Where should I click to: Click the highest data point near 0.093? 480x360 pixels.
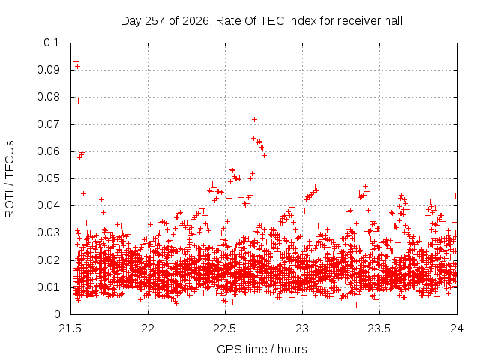pyautogui.click(x=76, y=61)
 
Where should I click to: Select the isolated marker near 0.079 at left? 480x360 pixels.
pyautogui.click(x=78, y=100)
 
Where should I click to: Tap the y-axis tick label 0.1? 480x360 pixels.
pyautogui.click(x=52, y=43)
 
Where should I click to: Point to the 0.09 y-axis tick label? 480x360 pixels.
pyautogui.click(x=48, y=70)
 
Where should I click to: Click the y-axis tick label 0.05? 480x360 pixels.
pyautogui.click(x=48, y=178)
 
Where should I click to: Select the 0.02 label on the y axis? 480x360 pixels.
pyautogui.click(x=48, y=260)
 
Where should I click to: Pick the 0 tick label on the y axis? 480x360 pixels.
pyautogui.click(x=57, y=314)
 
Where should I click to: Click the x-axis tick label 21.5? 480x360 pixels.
pyautogui.click(x=70, y=328)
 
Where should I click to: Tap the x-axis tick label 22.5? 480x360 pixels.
pyautogui.click(x=225, y=328)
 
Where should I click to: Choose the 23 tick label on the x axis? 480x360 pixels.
pyautogui.click(x=302, y=328)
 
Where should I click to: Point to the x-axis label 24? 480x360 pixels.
pyautogui.click(x=457, y=328)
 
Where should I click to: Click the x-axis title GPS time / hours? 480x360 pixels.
pyautogui.click(x=262, y=349)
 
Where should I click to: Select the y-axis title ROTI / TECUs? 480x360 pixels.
pyautogui.click(x=10, y=179)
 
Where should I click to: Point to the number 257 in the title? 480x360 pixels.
pyautogui.click(x=155, y=21)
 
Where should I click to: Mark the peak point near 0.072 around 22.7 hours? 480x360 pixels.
pyautogui.click(x=254, y=120)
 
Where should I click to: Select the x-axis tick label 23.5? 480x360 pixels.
pyautogui.click(x=379, y=328)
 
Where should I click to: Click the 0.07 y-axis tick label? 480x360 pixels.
pyautogui.click(x=48, y=124)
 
